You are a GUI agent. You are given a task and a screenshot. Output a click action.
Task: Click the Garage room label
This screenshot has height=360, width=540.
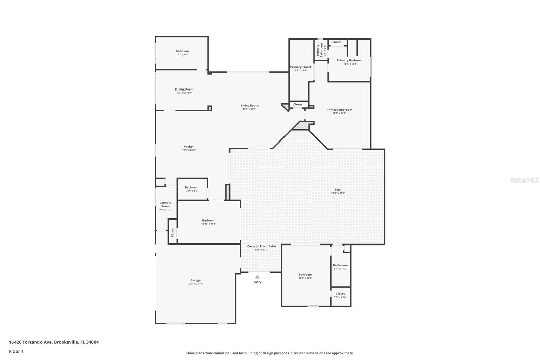[x=195, y=280]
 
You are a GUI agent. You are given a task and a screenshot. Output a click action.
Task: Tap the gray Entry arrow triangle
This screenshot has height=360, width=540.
[x=257, y=277]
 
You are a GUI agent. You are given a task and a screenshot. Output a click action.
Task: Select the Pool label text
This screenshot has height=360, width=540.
[x=338, y=190]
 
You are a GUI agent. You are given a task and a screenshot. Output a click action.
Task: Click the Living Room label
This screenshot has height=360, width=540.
[x=249, y=105]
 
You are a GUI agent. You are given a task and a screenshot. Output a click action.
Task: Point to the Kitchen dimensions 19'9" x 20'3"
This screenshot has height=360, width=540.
[x=189, y=150]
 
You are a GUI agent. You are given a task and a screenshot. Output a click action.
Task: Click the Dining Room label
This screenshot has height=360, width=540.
[x=184, y=89]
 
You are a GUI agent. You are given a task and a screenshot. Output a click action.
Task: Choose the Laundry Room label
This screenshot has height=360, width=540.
[x=165, y=204]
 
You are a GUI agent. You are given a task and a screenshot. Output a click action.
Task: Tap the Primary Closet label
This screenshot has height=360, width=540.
[x=301, y=67]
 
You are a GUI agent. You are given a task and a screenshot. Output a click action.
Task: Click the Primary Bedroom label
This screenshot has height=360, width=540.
[x=339, y=110]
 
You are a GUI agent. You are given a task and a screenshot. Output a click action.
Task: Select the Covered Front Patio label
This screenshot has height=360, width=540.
[x=262, y=246]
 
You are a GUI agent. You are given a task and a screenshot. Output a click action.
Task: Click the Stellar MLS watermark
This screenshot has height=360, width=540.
[x=524, y=180]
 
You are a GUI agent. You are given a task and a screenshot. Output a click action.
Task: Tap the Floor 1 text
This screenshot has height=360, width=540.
[x=16, y=351]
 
